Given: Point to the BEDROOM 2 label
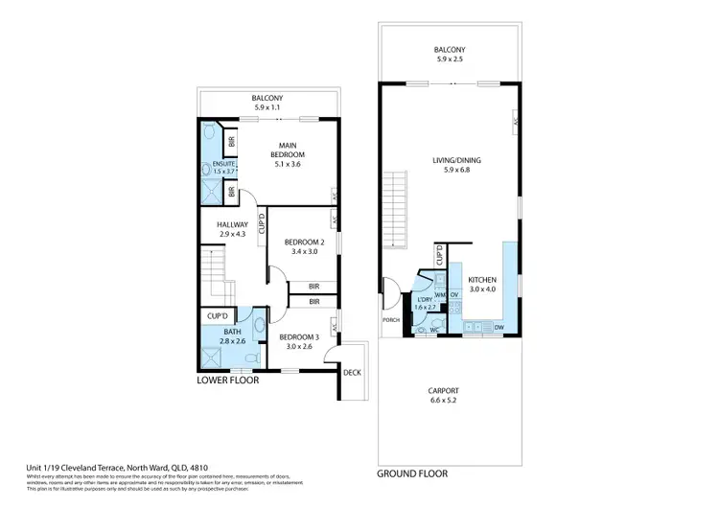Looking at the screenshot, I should click(x=305, y=243).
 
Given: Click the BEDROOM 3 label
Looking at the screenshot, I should click(x=298, y=337).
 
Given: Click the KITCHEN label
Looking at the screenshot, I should click(x=482, y=279).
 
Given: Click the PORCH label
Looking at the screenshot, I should click(x=391, y=319).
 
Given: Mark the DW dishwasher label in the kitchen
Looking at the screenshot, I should click(x=499, y=327).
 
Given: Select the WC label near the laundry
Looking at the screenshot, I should click(x=433, y=330).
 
